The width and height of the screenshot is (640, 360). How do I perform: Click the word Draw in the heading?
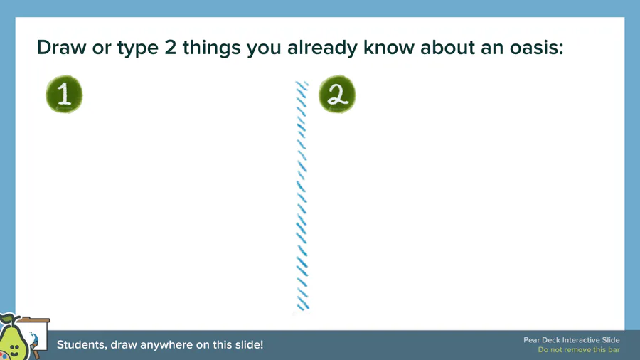62,48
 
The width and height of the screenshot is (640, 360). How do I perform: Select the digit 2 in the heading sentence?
170,48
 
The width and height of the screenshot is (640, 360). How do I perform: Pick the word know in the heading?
389,48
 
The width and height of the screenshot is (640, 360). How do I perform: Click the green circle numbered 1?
64,95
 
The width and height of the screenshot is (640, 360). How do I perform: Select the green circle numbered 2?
337,95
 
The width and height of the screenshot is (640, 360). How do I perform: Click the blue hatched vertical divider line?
302,196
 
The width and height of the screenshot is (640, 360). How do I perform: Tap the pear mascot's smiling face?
14,348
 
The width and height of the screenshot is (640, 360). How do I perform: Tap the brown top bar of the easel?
33,320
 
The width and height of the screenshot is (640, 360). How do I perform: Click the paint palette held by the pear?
4,356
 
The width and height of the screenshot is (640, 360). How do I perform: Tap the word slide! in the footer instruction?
249,345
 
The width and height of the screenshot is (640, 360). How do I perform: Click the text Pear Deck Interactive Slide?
572,340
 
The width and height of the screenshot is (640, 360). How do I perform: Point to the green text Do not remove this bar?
579,350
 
